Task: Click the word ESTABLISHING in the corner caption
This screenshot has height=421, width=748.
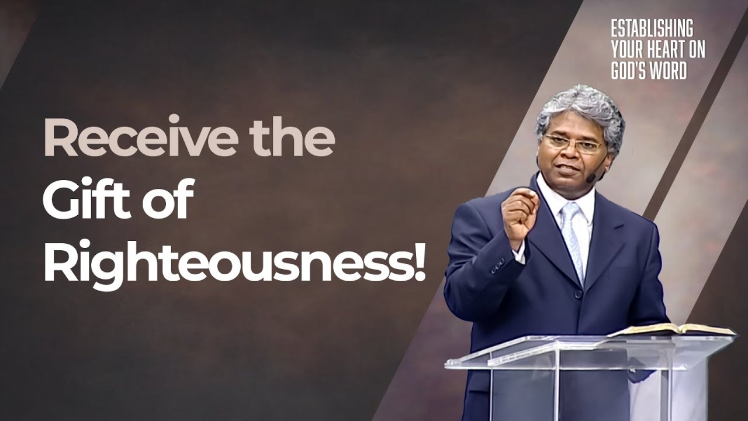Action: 652,28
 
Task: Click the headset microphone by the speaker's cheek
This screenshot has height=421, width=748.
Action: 592,176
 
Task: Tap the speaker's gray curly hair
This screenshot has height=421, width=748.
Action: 579,108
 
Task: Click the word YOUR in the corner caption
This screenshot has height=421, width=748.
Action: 627,50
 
